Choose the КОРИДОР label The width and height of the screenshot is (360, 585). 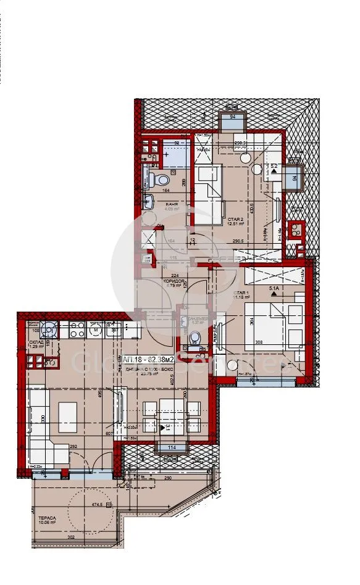click(x=175, y=281)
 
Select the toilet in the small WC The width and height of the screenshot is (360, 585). click(x=196, y=338)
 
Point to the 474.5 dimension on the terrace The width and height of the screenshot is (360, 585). click(x=95, y=504)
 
